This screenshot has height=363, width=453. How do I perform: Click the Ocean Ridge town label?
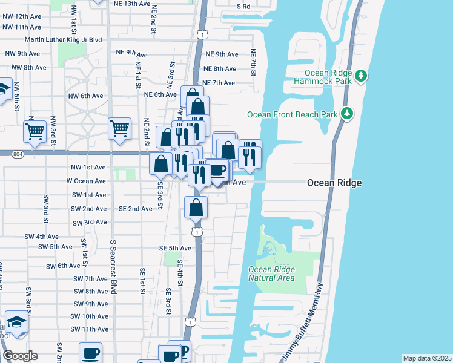[x=334, y=183]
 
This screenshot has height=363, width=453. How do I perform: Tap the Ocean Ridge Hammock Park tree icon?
[x=361, y=76]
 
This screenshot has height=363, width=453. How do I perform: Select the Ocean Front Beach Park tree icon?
[x=347, y=113]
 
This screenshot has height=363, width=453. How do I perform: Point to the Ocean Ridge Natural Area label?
[x=271, y=273]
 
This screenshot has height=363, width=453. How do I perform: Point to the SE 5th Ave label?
[x=176, y=248]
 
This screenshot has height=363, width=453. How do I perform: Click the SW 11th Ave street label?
[x=89, y=329]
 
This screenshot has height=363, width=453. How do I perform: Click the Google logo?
[x=20, y=356]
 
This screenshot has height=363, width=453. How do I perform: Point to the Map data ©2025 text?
[x=427, y=358]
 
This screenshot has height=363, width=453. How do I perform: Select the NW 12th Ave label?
[x=24, y=16]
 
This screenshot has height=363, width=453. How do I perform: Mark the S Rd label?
[x=243, y=6]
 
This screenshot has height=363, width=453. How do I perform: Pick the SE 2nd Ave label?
[x=136, y=209]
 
